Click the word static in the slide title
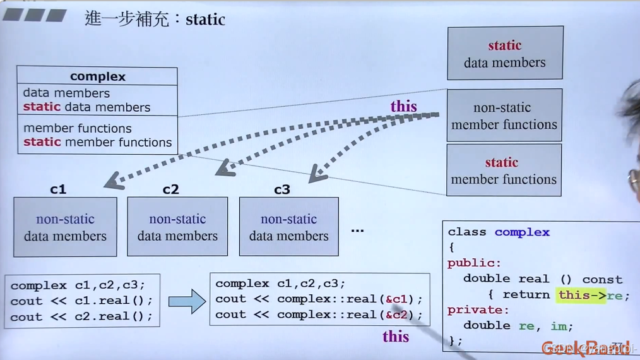[x=205, y=19]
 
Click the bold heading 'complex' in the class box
[x=98, y=76]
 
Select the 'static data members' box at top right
[x=505, y=53]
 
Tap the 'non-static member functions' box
[x=504, y=116]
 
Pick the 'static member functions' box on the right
[x=504, y=171]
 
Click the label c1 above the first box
[x=58, y=189]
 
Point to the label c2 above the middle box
[x=170, y=189]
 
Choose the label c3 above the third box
[x=281, y=189]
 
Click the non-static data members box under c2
[x=177, y=227]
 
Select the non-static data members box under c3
[x=288, y=227]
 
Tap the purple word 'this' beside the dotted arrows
[x=403, y=106]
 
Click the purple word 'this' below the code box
[x=396, y=337]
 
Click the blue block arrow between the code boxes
[x=187, y=302]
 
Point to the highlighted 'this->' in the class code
[x=581, y=295]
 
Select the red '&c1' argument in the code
[x=396, y=299]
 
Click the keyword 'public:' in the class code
[x=474, y=263]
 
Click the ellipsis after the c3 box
[x=357, y=230]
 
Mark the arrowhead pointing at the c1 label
[x=114, y=183]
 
